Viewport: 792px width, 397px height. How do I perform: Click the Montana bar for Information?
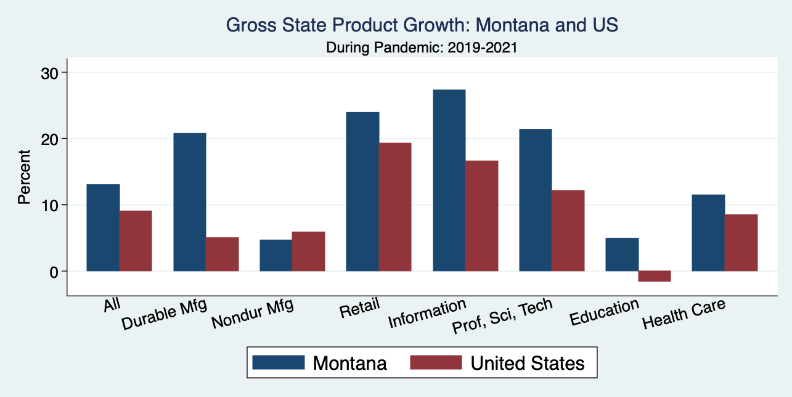(x=449, y=180)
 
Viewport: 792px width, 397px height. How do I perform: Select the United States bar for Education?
(x=655, y=276)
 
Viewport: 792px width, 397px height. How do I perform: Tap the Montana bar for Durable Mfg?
(x=190, y=202)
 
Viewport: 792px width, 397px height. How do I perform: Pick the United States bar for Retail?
(x=395, y=207)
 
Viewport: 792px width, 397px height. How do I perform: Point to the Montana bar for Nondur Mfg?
(x=276, y=255)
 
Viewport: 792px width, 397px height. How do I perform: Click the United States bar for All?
(x=136, y=241)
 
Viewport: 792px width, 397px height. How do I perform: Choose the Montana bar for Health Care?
(x=708, y=233)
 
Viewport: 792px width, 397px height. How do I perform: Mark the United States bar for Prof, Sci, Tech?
(x=568, y=230)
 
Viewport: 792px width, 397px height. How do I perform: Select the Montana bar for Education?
(x=622, y=254)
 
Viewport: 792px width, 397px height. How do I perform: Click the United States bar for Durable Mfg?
(x=222, y=254)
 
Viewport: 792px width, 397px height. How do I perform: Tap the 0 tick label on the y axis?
(x=55, y=271)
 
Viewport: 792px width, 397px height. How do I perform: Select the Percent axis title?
(x=24, y=177)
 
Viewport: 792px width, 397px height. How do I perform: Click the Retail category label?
(x=359, y=307)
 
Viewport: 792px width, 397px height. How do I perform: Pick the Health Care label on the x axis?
(x=684, y=314)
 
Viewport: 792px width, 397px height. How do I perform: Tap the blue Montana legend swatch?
(x=279, y=362)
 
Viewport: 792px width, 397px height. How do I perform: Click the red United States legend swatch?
(x=436, y=362)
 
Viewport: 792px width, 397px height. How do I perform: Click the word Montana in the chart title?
(x=499, y=25)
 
